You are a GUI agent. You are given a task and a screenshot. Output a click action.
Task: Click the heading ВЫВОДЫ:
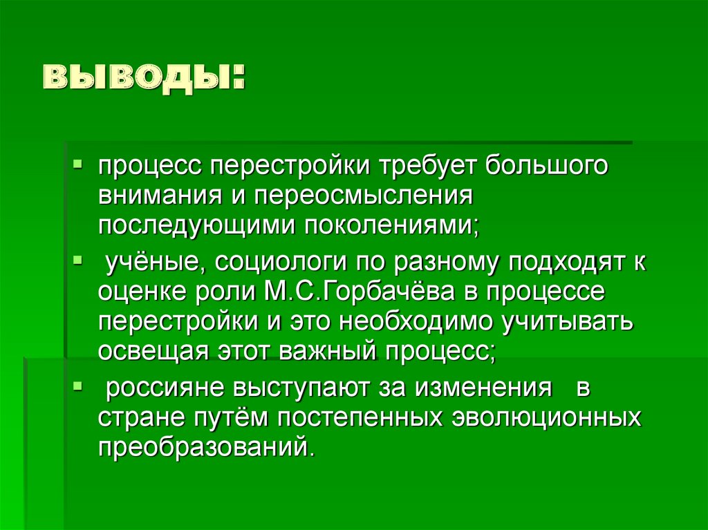point(146,78)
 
